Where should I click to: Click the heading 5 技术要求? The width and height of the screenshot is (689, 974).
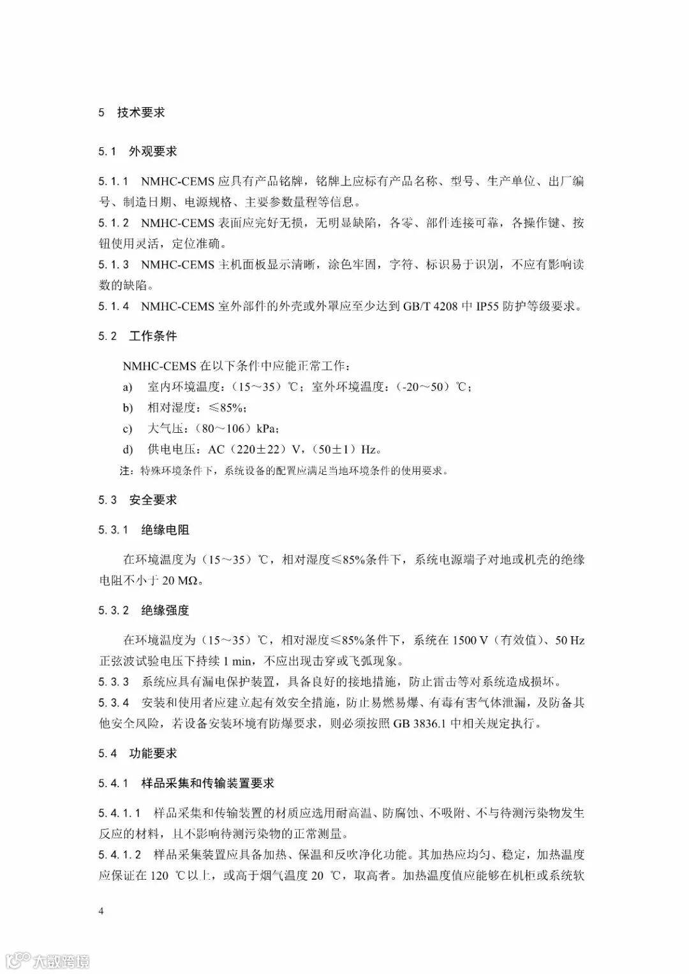click(x=131, y=113)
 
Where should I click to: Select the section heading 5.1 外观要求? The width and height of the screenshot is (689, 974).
click(x=137, y=152)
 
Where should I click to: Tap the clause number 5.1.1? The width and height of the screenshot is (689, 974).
click(x=114, y=182)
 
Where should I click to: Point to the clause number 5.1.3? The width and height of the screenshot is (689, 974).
click(x=114, y=265)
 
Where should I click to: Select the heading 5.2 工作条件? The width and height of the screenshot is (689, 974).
click(x=137, y=336)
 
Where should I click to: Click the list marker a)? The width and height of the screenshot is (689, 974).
click(x=128, y=388)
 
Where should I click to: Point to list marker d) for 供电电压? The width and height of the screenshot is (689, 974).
click(x=128, y=449)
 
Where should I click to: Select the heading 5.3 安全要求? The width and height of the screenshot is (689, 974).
click(x=137, y=500)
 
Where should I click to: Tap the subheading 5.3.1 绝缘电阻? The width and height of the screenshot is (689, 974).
click(x=144, y=530)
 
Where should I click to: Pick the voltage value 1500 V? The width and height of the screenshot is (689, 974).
click(x=470, y=640)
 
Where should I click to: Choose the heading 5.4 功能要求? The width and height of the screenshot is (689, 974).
click(x=137, y=753)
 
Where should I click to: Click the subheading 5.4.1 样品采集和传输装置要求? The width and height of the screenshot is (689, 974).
click(x=186, y=783)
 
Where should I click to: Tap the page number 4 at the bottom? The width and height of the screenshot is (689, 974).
click(x=101, y=911)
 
